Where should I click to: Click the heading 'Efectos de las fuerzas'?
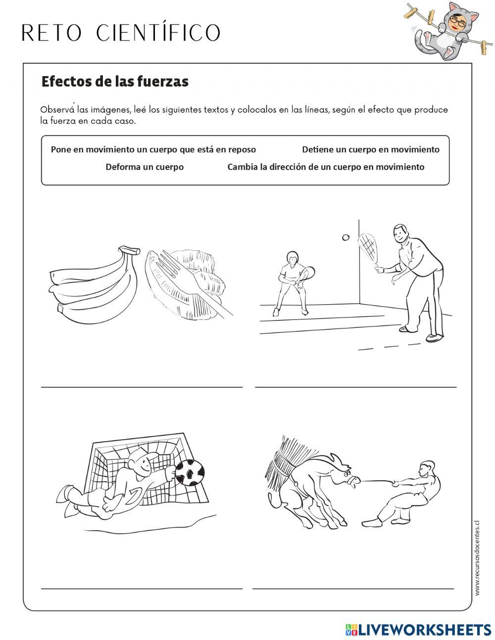(115, 82)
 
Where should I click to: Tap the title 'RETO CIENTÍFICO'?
(121, 33)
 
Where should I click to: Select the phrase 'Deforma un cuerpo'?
(145, 167)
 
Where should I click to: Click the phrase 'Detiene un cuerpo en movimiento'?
(370, 149)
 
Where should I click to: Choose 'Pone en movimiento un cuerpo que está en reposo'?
(153, 149)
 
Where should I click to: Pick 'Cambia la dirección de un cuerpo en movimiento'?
(326, 167)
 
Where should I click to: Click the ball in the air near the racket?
(346, 237)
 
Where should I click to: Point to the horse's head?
(345, 472)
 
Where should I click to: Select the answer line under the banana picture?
(142, 387)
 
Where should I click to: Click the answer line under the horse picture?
(353, 588)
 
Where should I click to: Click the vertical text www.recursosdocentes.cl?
(477, 557)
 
